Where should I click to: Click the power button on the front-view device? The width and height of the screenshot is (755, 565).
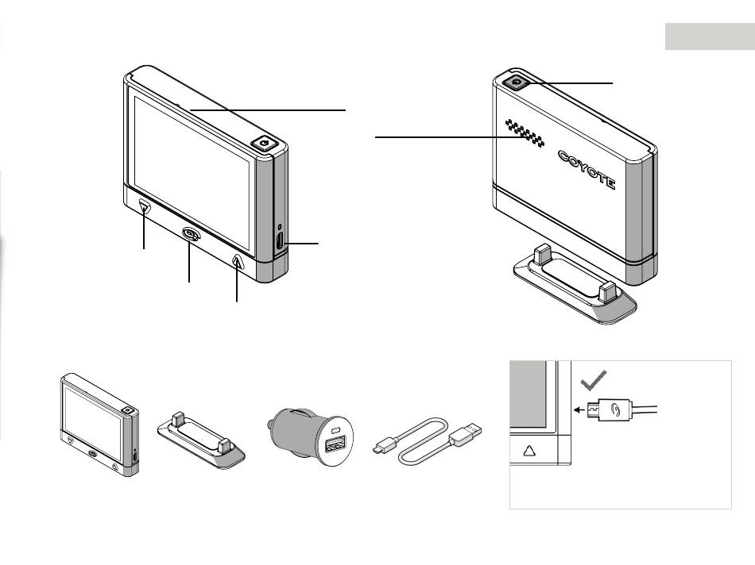click(x=264, y=144)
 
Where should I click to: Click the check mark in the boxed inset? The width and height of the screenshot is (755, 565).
click(x=591, y=382)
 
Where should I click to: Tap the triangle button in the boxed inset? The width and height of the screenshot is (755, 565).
click(x=530, y=450)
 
